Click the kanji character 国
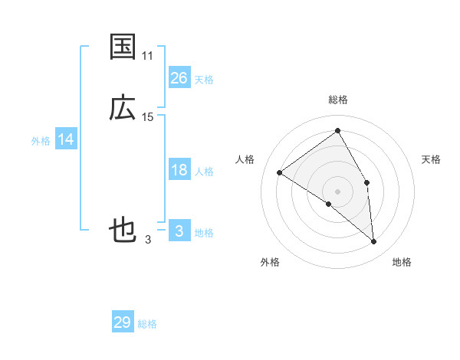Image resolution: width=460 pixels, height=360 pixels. (123, 47)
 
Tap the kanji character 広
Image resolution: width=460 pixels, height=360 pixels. (123, 108)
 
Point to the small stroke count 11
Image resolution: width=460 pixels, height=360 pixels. (148, 56)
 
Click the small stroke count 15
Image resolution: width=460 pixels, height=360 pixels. (148, 117)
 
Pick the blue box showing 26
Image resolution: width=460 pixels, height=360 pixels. (179, 78)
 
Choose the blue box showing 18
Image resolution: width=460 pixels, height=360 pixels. (179, 170)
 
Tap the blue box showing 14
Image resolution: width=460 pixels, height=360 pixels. (66, 139)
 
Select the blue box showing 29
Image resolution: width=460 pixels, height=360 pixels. (123, 322)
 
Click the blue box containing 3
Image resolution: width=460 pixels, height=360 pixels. (179, 231)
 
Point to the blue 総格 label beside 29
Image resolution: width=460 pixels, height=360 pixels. (147, 324)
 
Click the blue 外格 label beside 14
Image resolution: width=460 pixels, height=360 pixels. (41, 141)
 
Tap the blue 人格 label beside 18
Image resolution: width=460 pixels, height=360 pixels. (204, 172)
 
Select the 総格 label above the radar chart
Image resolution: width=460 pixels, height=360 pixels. (338, 100)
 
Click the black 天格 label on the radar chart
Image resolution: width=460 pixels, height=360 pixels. (432, 159)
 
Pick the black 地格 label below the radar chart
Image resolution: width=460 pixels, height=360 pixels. (402, 262)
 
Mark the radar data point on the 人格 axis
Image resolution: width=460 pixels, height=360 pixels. (280, 172)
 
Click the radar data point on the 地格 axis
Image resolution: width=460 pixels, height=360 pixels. (374, 242)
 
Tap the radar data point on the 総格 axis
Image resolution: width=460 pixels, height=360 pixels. (338, 131)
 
